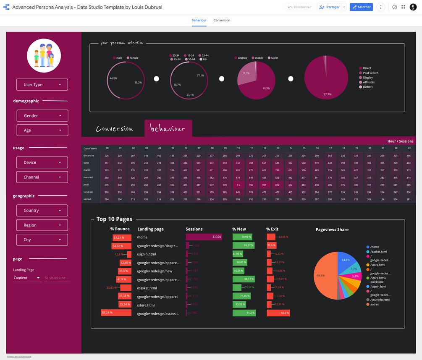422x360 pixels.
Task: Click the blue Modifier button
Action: coord(361,7)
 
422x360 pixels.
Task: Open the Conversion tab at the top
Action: coord(222,20)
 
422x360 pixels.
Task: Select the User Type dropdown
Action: coord(42,85)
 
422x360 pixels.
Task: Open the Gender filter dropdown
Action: coord(42,116)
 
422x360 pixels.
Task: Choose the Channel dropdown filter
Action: coord(42,177)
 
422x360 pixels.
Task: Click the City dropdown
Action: coord(42,240)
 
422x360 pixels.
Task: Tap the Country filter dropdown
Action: coord(42,211)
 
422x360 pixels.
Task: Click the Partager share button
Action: coord(330,7)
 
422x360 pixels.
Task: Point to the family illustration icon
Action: coord(44,56)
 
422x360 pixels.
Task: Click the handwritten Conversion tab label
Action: coord(114,129)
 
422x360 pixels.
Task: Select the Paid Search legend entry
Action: coord(370,73)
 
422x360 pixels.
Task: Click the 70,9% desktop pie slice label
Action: coord(266,89)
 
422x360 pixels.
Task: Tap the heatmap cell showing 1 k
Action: coord(238,185)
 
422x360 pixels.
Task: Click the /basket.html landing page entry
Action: coord(147,288)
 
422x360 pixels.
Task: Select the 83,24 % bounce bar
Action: coord(116,313)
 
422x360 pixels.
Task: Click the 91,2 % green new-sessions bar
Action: coord(244,313)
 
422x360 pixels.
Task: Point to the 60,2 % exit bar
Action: coord(278,313)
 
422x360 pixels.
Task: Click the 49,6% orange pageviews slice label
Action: coord(321,276)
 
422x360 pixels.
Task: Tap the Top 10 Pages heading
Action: coord(114,219)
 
